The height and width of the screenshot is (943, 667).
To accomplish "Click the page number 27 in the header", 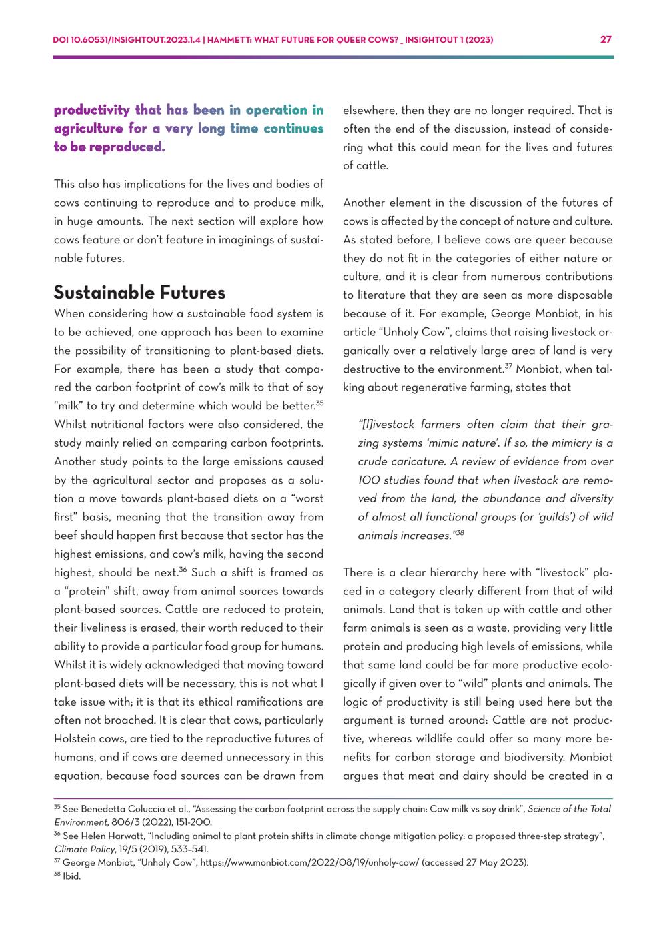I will [x=606, y=39].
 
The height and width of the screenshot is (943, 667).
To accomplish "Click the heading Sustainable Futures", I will [x=139, y=293].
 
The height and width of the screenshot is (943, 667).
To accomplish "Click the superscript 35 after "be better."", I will [x=319, y=403].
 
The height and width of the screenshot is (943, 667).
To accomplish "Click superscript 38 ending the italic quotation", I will [x=460, y=532].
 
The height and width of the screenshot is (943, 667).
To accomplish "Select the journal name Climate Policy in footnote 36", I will [x=81, y=850].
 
